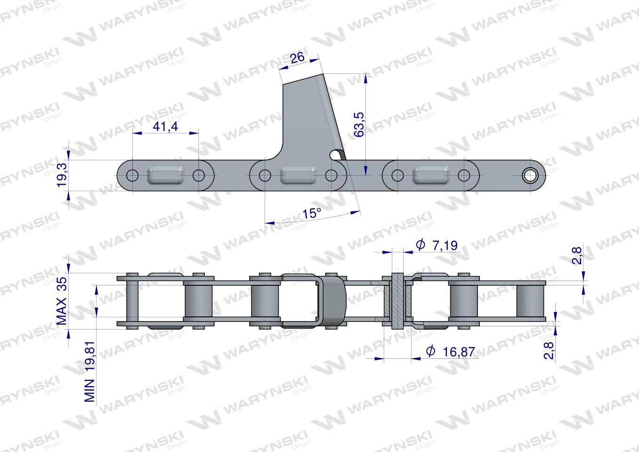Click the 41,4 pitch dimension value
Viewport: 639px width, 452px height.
tap(165, 126)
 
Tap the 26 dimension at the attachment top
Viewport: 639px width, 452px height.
tap(297, 57)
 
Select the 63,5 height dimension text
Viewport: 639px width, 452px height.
tap(359, 124)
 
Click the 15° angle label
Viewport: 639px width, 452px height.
tap(312, 213)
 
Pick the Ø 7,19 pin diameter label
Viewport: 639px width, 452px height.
tap(437, 245)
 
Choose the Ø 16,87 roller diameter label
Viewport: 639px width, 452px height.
tap(451, 352)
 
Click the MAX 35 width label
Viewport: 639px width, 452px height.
tap(62, 301)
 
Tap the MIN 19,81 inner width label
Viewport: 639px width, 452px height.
tap(90, 371)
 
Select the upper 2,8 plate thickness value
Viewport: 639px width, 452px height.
tap(577, 256)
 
